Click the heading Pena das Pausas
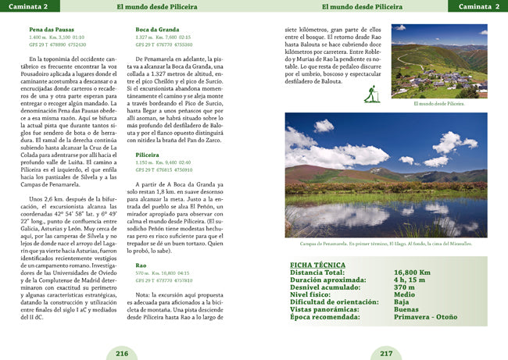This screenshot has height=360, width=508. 52,30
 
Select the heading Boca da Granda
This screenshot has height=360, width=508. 157,30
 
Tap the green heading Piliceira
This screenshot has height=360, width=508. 150,155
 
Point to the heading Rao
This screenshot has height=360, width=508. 141,266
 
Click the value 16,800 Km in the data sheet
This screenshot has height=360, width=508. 413,273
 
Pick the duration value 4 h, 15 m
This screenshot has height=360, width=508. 410,280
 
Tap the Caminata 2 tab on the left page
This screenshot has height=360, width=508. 24,6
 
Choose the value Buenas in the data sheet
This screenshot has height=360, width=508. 406,308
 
